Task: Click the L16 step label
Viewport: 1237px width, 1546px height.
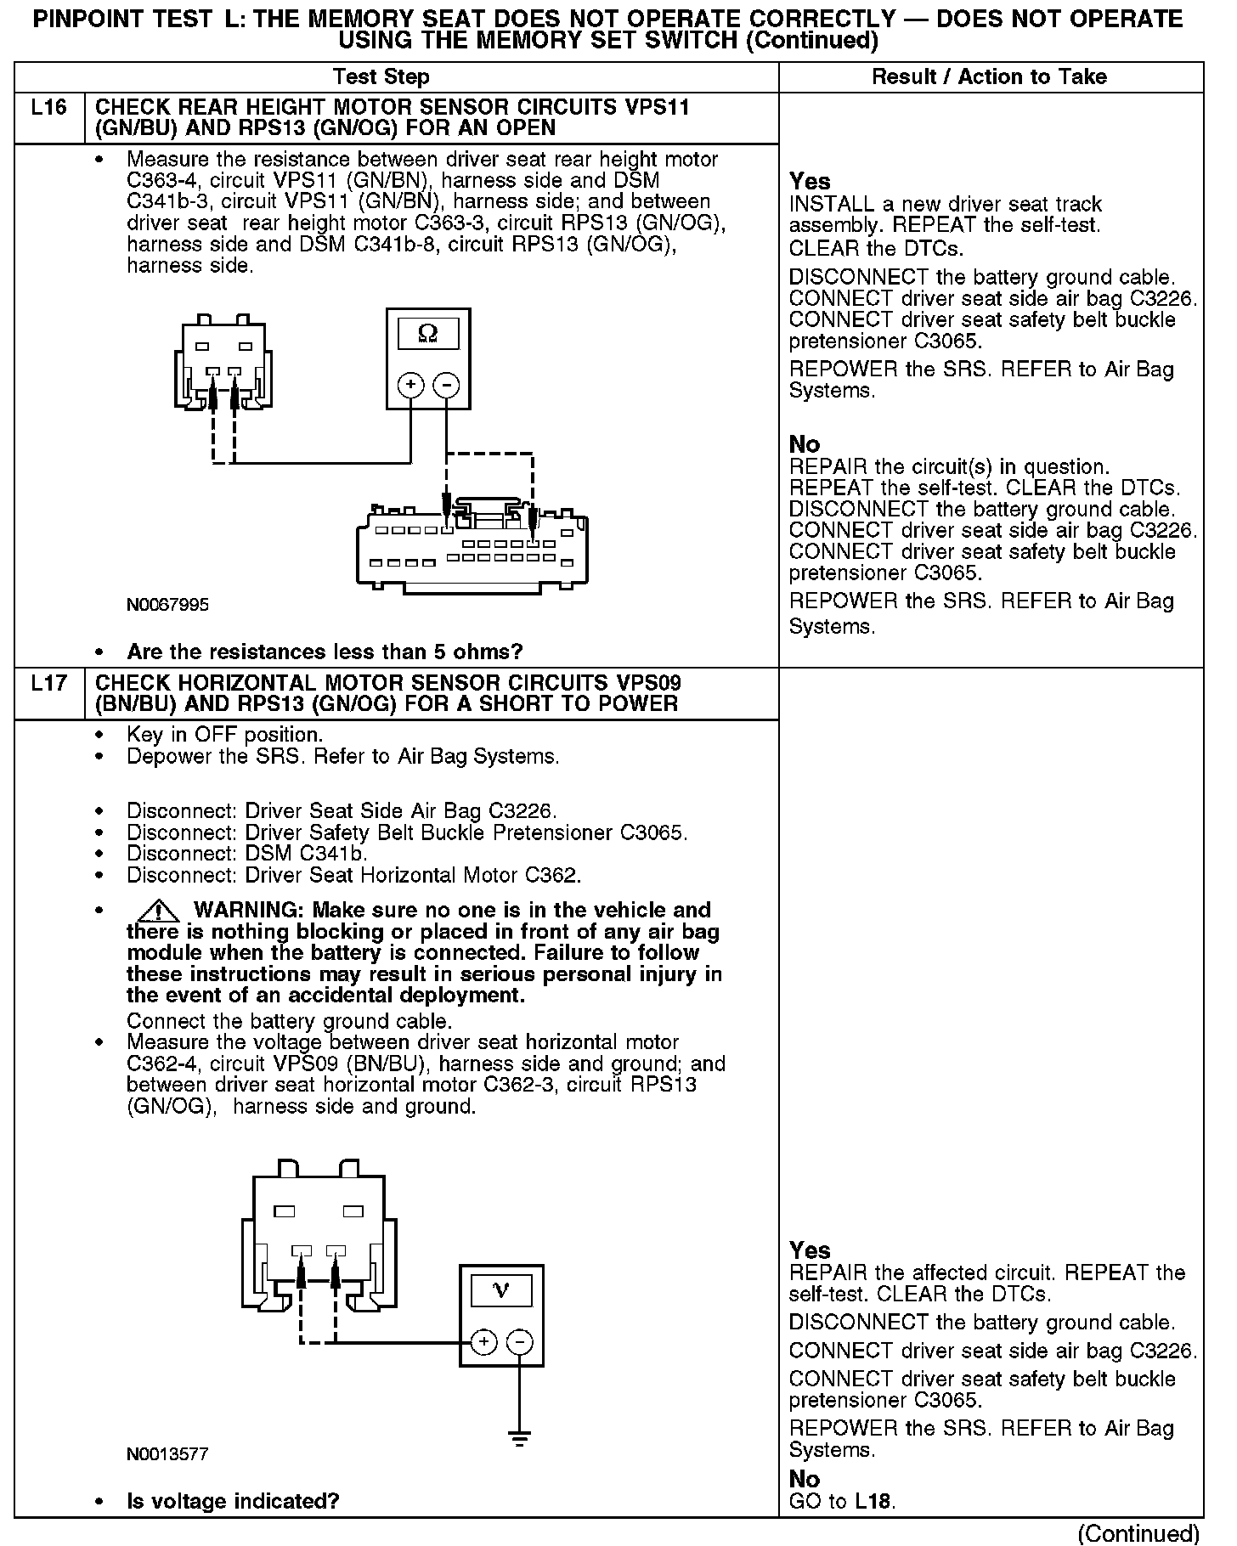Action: pyautogui.click(x=48, y=108)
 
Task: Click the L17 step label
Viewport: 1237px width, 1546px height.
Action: pyautogui.click(x=48, y=683)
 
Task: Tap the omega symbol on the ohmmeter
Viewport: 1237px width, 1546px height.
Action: pyautogui.click(x=428, y=334)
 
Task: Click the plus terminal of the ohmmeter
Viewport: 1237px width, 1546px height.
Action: pyautogui.click(x=411, y=385)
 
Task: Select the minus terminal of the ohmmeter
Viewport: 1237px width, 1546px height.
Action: pyautogui.click(x=446, y=385)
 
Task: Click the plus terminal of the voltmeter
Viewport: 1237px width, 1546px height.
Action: pyautogui.click(x=483, y=1342)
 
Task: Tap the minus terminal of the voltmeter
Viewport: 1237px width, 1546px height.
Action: pyautogui.click(x=519, y=1342)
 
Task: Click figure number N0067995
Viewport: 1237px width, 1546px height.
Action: pyautogui.click(x=167, y=605)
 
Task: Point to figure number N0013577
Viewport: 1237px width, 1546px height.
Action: pyautogui.click(x=167, y=1453)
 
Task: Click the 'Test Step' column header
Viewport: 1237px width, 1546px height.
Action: pyautogui.click(x=381, y=76)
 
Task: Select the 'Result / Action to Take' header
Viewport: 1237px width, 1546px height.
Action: pyautogui.click(x=990, y=76)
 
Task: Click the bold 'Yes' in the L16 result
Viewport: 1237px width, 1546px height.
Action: pyautogui.click(x=810, y=181)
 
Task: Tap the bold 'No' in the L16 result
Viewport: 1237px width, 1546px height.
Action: pyautogui.click(x=805, y=444)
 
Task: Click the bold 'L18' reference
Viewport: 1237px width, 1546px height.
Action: pyautogui.click(x=872, y=1501)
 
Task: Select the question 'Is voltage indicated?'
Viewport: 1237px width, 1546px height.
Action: pyautogui.click(x=233, y=1501)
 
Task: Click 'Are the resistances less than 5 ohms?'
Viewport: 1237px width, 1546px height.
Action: pyautogui.click(x=325, y=652)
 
